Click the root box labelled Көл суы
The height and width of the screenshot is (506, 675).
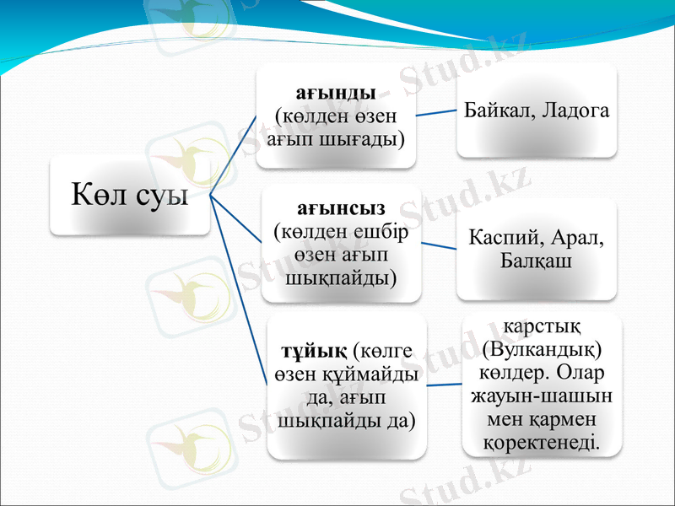(x=129, y=196)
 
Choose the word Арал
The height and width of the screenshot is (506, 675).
(x=580, y=238)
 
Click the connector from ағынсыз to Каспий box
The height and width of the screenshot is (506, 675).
(x=438, y=245)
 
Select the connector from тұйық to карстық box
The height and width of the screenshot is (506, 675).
(x=442, y=385)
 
